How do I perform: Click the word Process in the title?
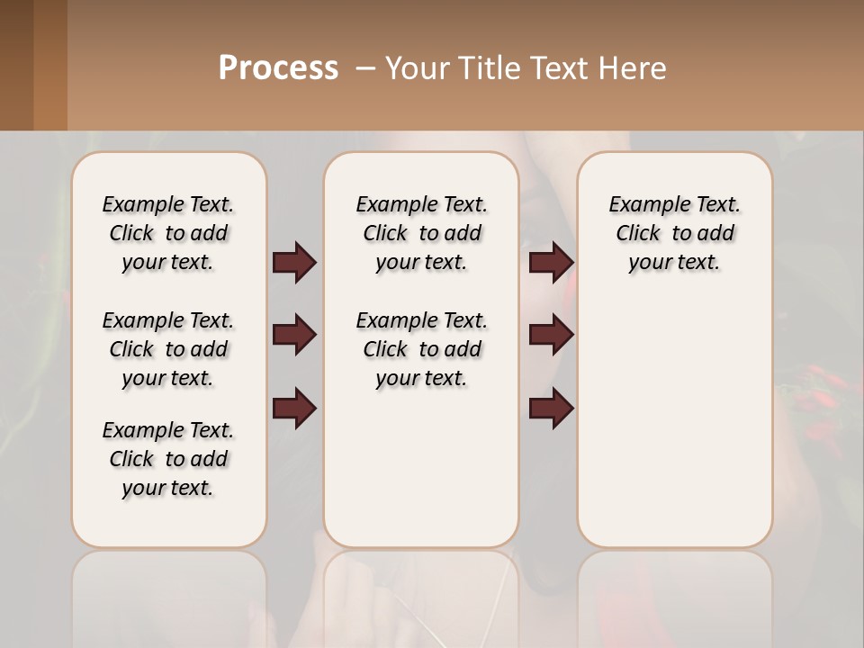point(278,68)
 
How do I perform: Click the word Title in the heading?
point(485,68)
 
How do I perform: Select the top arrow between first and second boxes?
point(294,263)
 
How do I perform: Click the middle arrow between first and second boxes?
point(294,336)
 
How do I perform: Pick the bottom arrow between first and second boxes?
point(294,409)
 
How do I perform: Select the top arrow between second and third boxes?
point(551,263)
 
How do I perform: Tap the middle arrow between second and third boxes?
point(551,336)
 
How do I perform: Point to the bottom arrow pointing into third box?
point(551,409)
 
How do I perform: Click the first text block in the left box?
point(168,233)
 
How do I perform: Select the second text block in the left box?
point(168,349)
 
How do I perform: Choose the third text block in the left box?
point(168,459)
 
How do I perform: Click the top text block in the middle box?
point(421,233)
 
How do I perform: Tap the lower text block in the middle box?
point(421,349)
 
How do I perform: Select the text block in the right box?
point(674,233)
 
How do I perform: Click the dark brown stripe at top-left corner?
point(16,65)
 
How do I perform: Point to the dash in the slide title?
point(365,68)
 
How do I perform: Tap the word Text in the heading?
point(559,68)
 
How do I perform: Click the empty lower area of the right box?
point(674,423)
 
